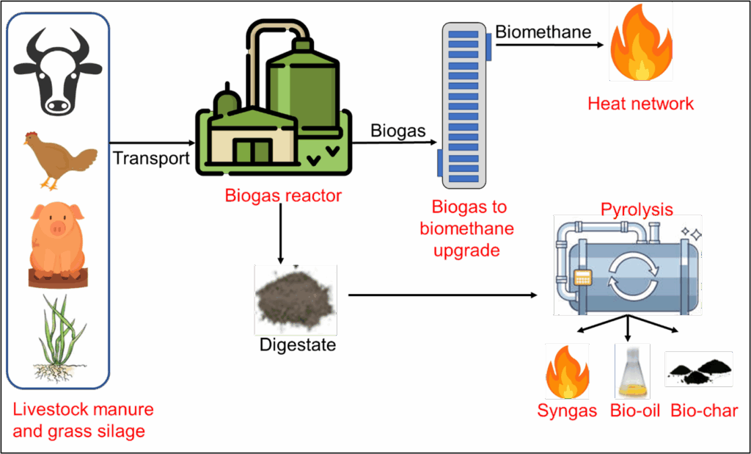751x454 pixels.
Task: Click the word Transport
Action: pyautogui.click(x=152, y=158)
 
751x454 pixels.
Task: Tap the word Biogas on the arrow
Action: pyautogui.click(x=398, y=131)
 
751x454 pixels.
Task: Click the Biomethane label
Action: pyautogui.click(x=543, y=32)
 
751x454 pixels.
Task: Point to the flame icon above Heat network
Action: pyautogui.click(x=640, y=41)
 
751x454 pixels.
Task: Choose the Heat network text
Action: pyautogui.click(x=640, y=104)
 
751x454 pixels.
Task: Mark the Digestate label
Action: pyautogui.click(x=298, y=345)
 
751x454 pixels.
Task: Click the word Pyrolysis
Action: pyautogui.click(x=637, y=209)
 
